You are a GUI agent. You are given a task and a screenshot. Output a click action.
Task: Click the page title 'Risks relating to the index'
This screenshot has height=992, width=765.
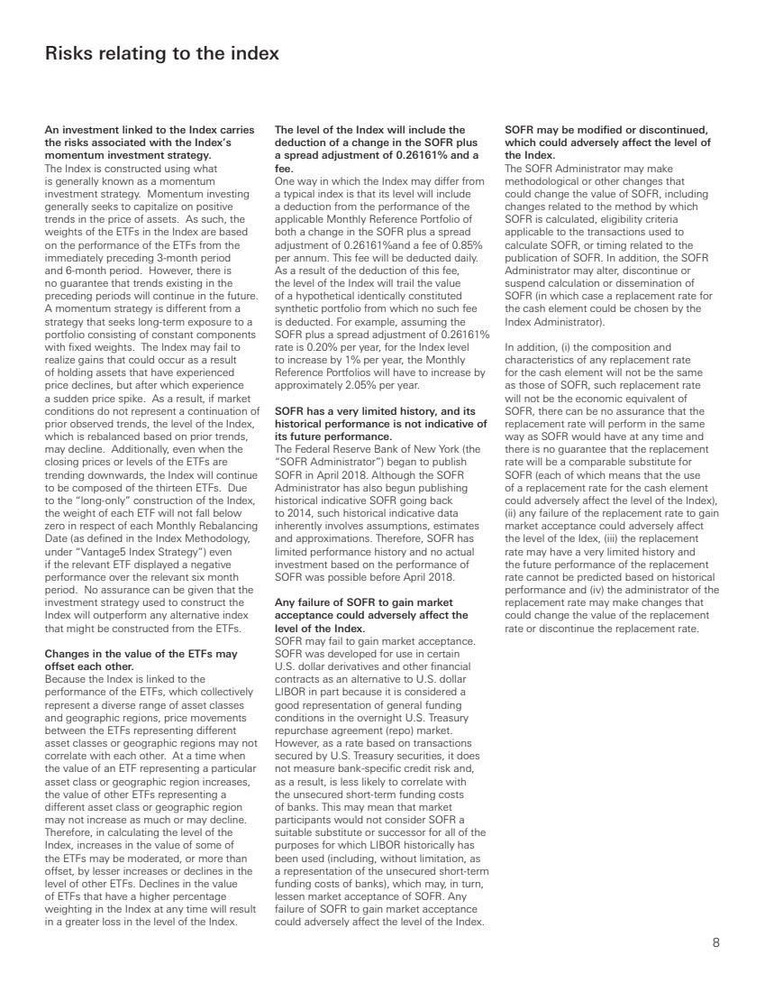[162, 55]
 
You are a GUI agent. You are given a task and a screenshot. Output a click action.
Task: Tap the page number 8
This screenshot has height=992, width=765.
[715, 943]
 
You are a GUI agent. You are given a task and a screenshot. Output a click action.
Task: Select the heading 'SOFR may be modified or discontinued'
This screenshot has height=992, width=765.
[608, 130]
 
